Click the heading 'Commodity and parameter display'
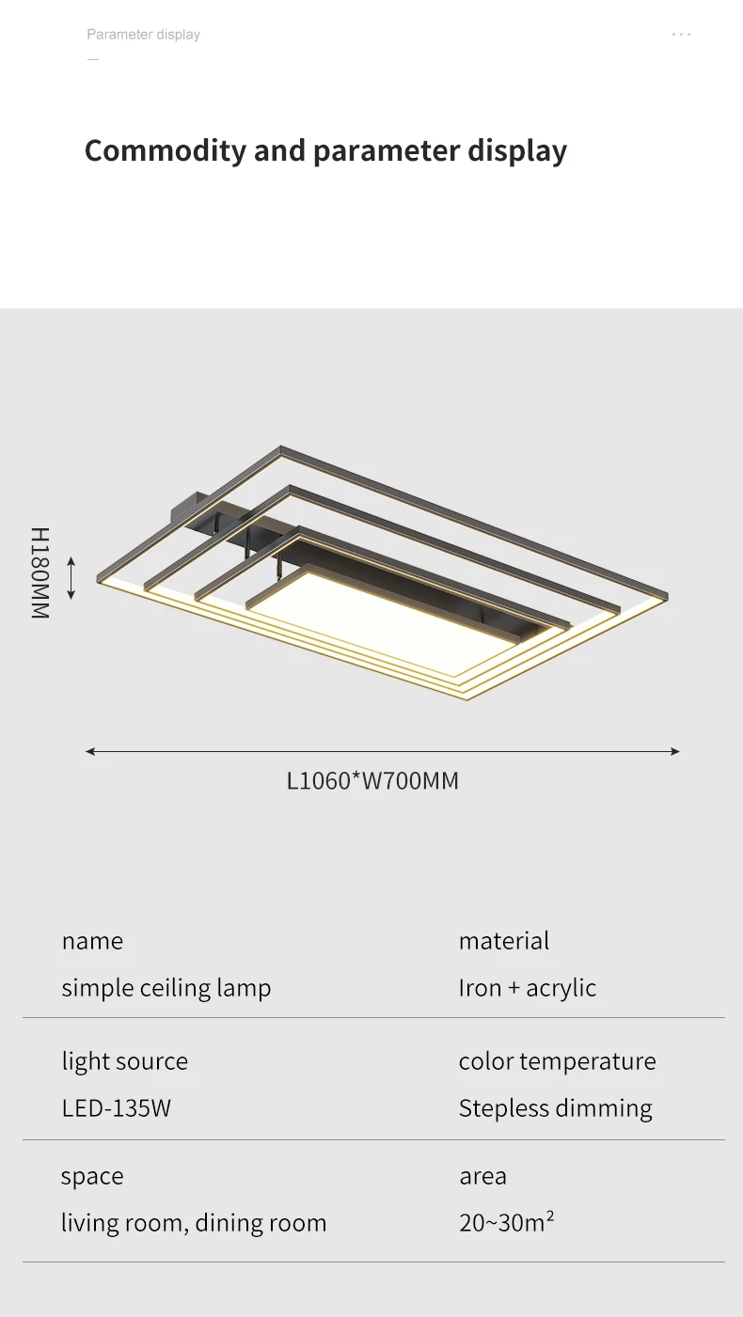325,151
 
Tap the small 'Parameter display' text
143,35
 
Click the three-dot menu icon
682,35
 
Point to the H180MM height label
40,572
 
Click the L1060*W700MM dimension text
372,781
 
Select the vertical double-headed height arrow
71,577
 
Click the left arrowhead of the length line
90,751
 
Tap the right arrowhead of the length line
674,751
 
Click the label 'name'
92,941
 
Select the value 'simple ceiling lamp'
166,988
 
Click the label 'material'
504,941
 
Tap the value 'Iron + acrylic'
528,988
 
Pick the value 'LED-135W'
117,1108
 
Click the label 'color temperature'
557,1061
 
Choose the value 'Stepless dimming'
555,1108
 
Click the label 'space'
92,1177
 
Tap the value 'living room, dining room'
194,1223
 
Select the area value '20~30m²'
506,1223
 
